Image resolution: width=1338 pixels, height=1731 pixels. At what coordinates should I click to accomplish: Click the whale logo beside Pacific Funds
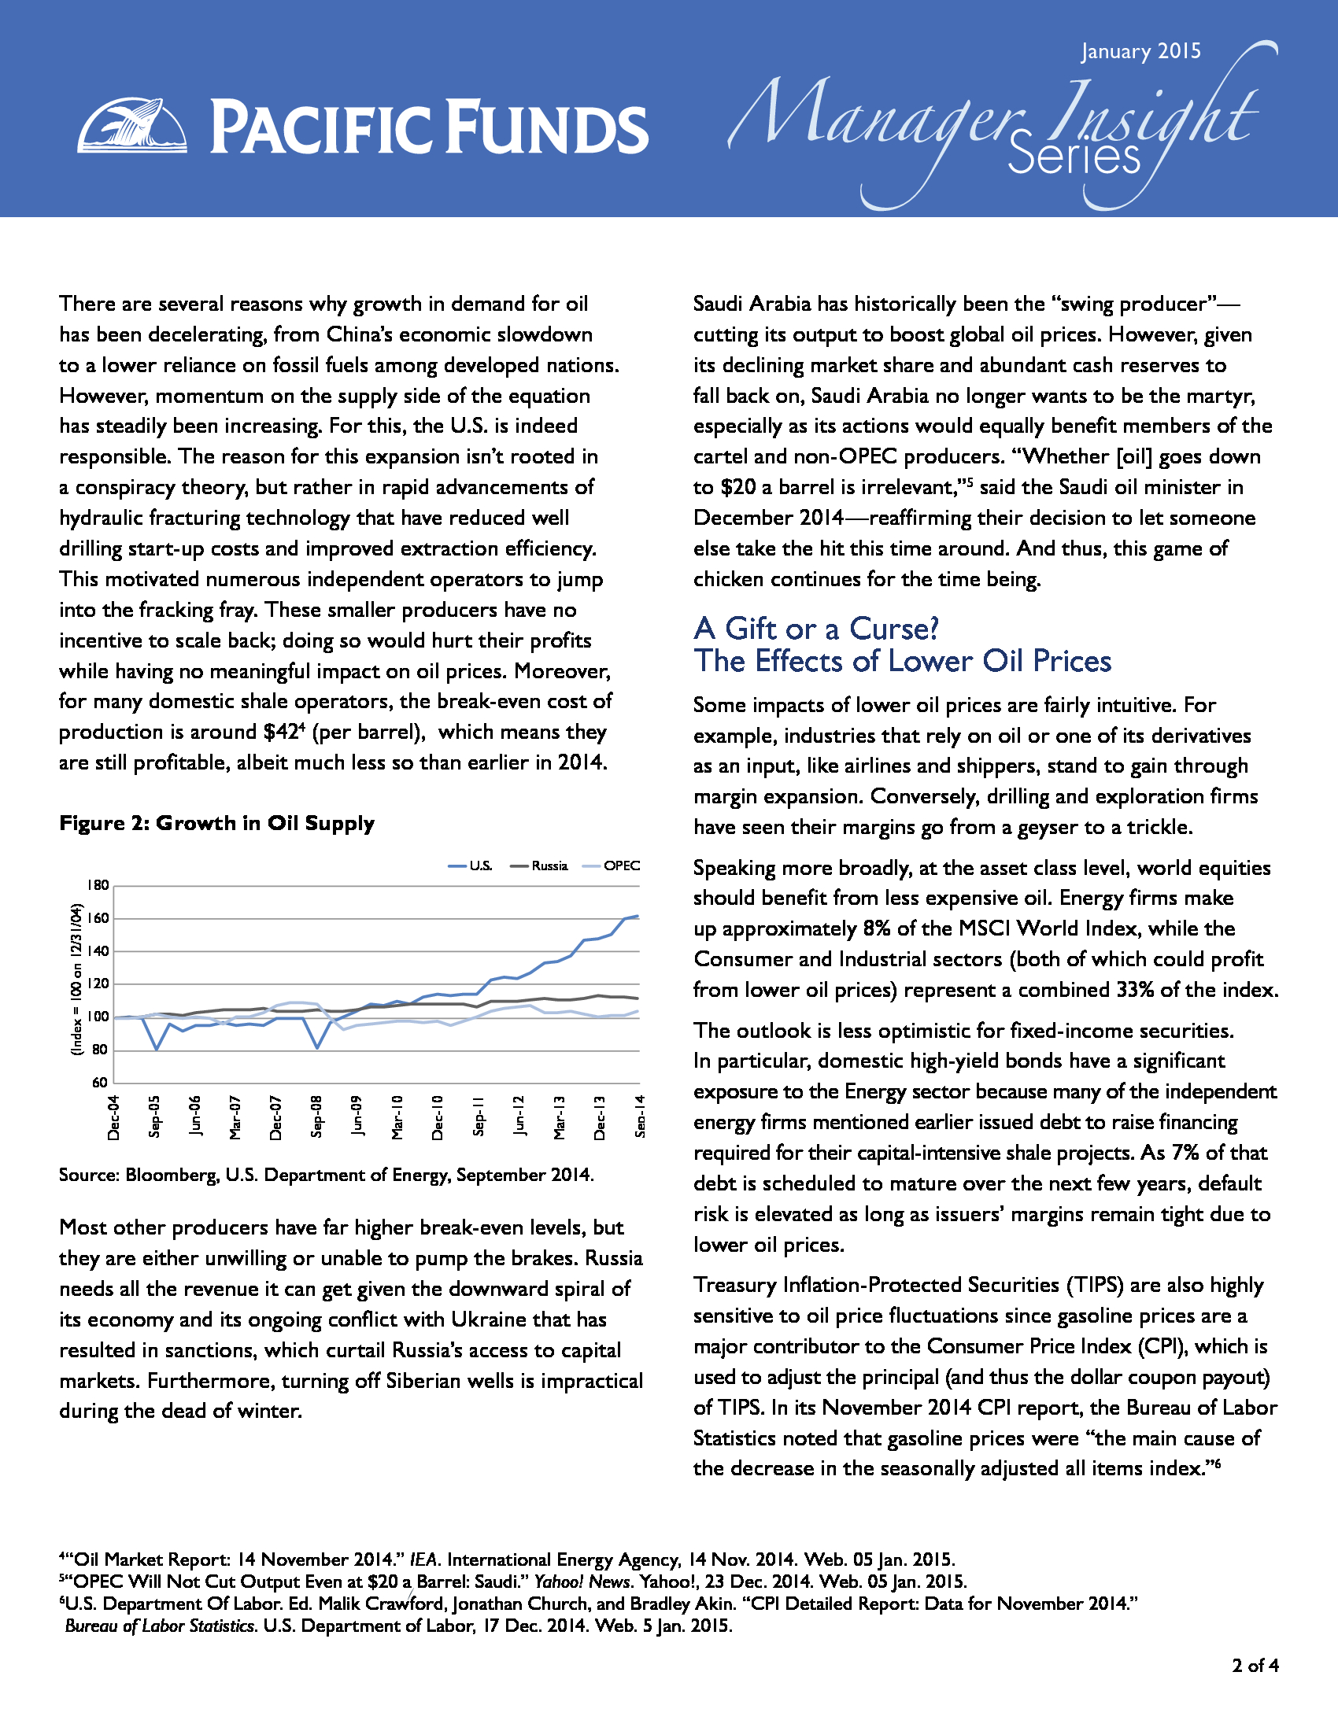tap(132, 125)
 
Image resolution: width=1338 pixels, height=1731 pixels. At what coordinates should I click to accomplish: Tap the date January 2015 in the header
tap(1140, 51)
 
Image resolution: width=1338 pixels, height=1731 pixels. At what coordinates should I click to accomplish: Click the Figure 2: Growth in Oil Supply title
tap(216, 823)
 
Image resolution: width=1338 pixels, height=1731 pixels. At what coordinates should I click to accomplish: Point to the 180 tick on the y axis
tap(98, 885)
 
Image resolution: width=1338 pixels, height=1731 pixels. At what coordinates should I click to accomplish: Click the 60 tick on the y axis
tap(101, 1083)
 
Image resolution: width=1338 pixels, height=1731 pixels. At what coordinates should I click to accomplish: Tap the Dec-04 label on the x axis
tap(114, 1117)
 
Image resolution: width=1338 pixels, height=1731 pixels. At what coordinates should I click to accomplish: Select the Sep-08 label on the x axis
tap(317, 1117)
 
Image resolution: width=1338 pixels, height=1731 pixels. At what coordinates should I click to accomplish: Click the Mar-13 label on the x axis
tap(560, 1117)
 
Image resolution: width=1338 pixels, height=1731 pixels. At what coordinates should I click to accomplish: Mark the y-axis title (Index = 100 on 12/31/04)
tap(77, 980)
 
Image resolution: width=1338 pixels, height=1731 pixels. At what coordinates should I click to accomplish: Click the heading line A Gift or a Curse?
tap(815, 629)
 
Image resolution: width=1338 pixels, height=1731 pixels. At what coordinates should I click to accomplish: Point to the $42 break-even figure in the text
tap(282, 733)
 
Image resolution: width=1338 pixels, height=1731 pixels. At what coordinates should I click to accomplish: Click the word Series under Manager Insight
tap(1074, 158)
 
